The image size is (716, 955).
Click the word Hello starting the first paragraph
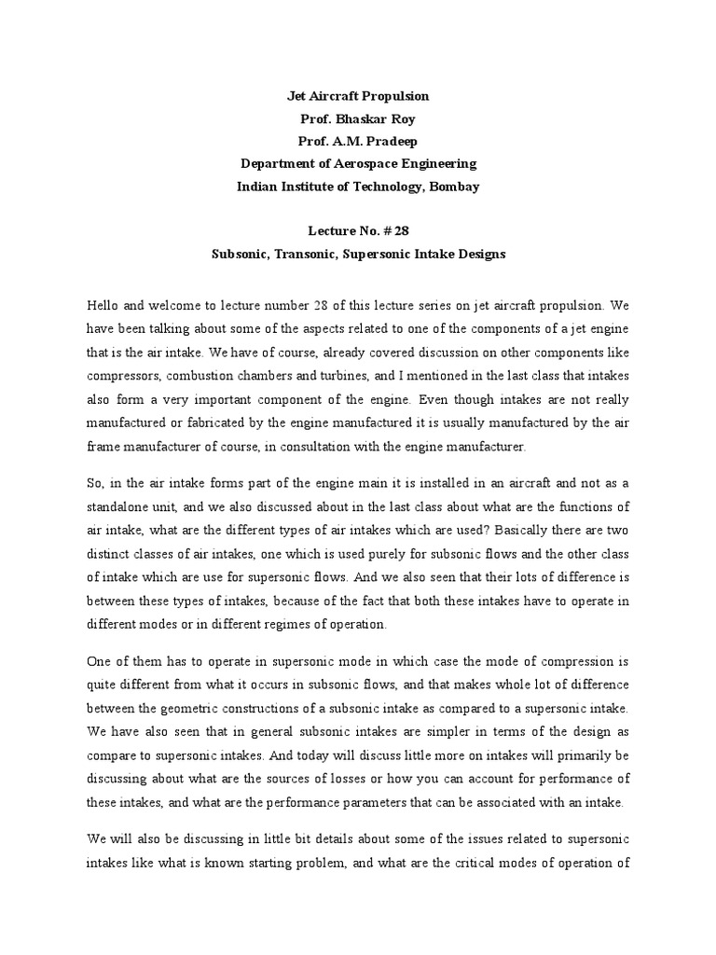103,304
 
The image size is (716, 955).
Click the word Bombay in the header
455,186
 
